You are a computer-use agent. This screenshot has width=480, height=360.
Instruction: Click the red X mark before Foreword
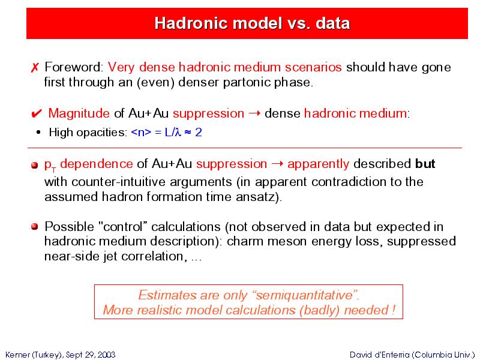[35, 68]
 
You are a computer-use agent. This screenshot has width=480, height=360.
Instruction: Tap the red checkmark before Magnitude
[37, 114]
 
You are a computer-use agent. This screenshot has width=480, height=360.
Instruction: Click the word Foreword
[73, 67]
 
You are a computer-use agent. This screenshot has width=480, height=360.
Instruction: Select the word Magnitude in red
[79, 113]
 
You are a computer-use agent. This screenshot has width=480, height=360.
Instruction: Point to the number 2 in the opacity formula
[199, 132]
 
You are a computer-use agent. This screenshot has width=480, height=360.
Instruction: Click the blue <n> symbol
[141, 132]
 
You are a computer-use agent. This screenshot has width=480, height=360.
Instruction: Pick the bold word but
[425, 164]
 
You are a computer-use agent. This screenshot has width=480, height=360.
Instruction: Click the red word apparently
[318, 164]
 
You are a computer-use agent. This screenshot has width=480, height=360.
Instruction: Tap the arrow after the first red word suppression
[254, 113]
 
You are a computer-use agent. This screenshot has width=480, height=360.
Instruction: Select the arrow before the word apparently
[277, 164]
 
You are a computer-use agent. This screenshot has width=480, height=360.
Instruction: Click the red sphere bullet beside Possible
[35, 227]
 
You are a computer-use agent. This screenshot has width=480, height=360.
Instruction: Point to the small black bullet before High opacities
[38, 133]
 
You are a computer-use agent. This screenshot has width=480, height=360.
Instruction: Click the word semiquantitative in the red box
[304, 295]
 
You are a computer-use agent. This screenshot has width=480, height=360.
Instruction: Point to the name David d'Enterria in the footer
[380, 355]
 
